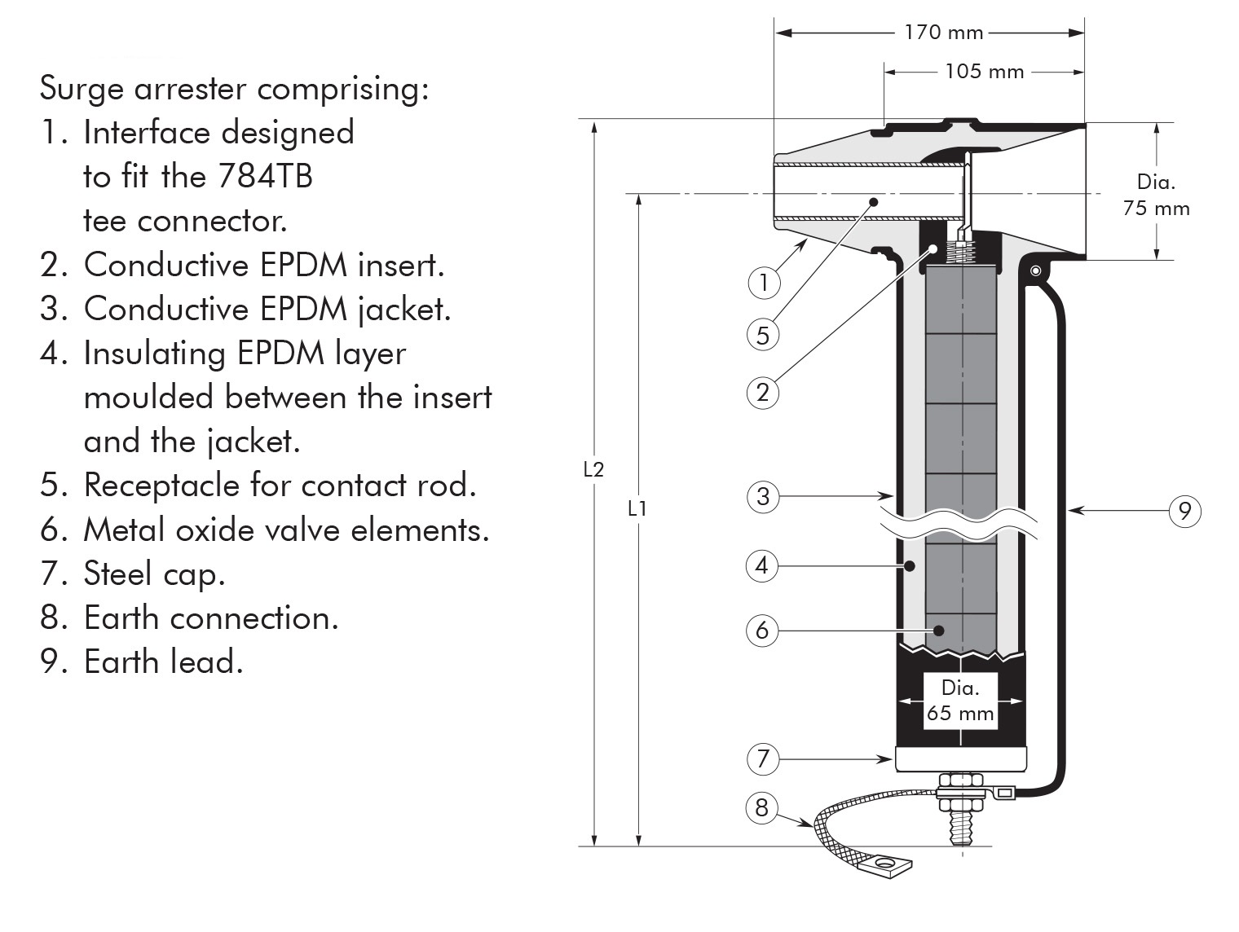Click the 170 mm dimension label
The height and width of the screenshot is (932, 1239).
pos(944,33)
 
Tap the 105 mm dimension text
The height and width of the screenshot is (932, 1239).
pos(984,72)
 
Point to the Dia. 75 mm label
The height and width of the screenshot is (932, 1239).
pos(1156,196)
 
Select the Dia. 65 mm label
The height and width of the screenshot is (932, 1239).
pos(960,701)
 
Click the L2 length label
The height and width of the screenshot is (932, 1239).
pos(593,469)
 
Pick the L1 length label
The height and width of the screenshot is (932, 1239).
pos(637,508)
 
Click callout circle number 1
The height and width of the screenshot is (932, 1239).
pos(764,283)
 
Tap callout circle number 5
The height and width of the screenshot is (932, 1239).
pos(763,335)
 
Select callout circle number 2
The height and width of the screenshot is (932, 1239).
pos(763,393)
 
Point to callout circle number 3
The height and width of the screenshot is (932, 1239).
pos(763,496)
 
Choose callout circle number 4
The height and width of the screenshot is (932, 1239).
pos(762,565)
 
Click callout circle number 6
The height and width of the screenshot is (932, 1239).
pos(762,630)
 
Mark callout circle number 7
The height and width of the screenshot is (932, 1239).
pos(763,758)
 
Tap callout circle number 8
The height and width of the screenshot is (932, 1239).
pos(761,807)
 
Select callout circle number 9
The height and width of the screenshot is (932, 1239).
pos(1185,511)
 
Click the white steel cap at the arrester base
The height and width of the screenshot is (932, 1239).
pos(960,760)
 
